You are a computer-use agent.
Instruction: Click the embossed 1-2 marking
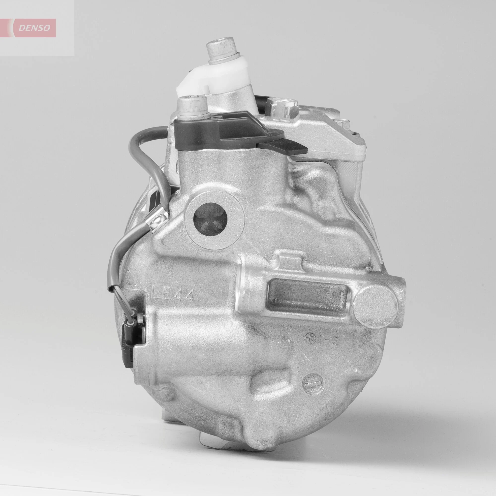coord(327,341)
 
